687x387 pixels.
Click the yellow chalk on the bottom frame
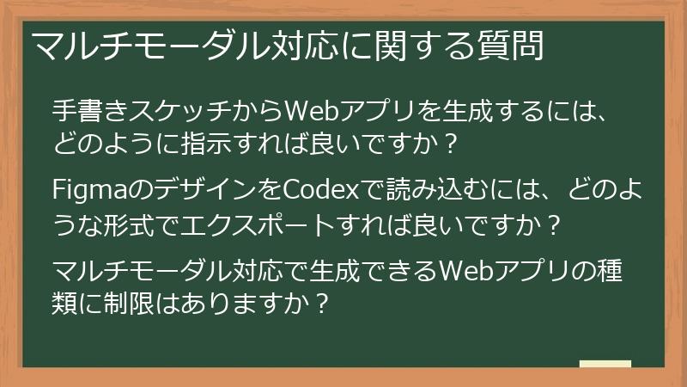[x=605, y=364]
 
